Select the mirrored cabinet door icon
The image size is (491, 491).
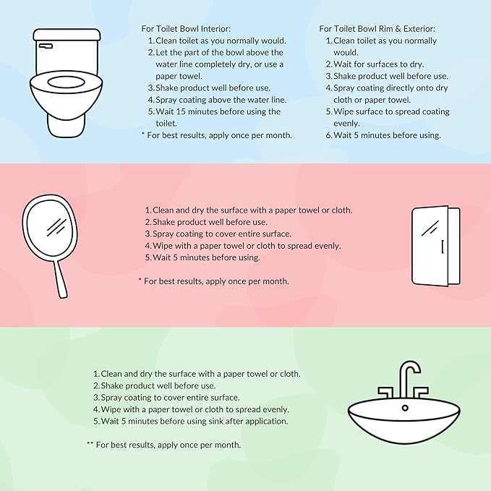click(x=435, y=246)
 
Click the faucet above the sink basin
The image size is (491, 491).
click(x=408, y=379)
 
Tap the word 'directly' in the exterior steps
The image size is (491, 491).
click(x=402, y=88)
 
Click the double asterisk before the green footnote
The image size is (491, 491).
click(x=90, y=445)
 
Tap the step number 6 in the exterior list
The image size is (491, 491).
click(x=328, y=135)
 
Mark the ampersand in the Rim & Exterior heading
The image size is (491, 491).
click(x=396, y=28)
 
